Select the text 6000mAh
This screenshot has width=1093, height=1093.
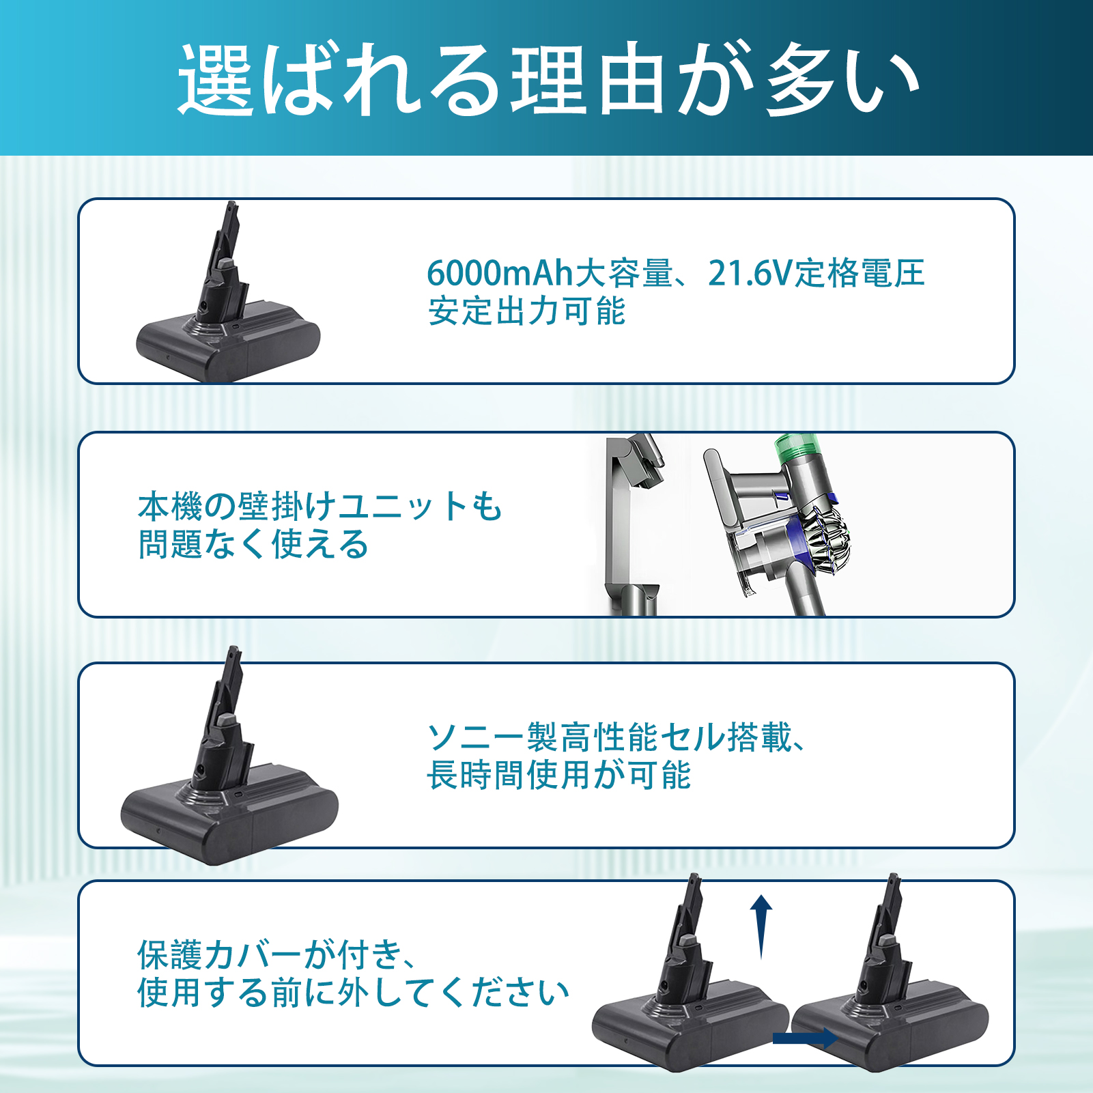(500, 273)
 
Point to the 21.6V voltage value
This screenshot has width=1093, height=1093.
(751, 273)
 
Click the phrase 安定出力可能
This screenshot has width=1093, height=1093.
(526, 311)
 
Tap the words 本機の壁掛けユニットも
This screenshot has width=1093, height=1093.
(320, 507)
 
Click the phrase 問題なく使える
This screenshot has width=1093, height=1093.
(253, 545)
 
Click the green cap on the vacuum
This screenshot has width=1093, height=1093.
(797, 446)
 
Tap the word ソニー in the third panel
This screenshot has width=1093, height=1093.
(476, 737)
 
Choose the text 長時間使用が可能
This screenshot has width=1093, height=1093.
(559, 776)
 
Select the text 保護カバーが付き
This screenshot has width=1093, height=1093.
(269, 954)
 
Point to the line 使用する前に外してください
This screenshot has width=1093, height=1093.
(353, 993)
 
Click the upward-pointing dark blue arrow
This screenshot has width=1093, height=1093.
(761, 927)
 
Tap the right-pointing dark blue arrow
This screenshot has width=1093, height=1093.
(806, 1038)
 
